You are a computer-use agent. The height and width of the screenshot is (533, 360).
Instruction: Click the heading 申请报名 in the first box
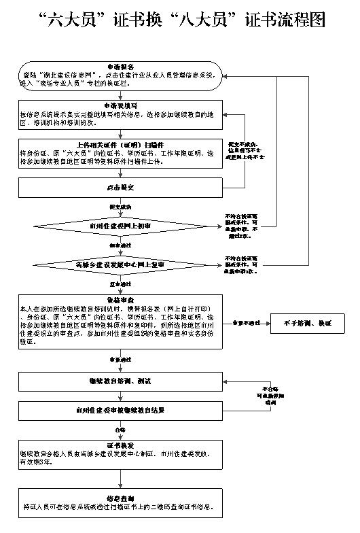[120, 67]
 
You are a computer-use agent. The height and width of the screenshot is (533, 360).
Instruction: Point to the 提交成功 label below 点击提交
[120, 206]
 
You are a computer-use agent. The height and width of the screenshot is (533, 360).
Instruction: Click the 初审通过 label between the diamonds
[120, 244]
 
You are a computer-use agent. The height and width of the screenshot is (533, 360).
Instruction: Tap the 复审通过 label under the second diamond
[120, 283]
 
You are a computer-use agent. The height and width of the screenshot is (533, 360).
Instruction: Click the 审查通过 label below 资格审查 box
[120, 359]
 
